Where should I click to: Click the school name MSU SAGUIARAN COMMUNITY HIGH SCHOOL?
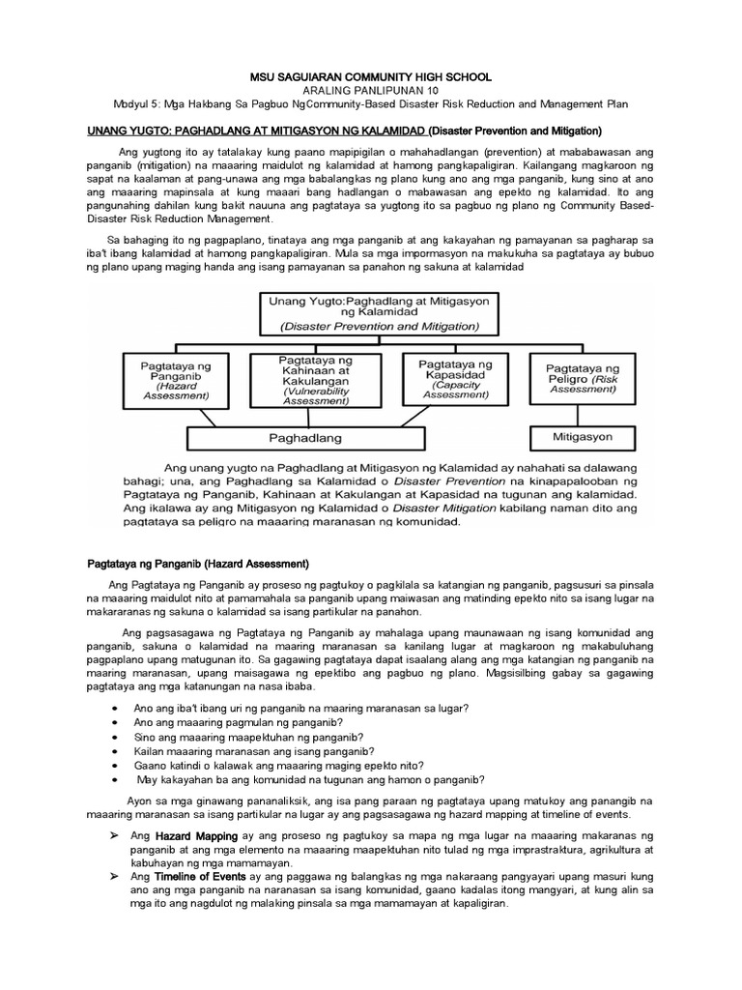coord(371,76)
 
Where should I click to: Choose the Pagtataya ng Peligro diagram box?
coord(583,376)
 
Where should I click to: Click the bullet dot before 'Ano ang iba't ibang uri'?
coord(115,709)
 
